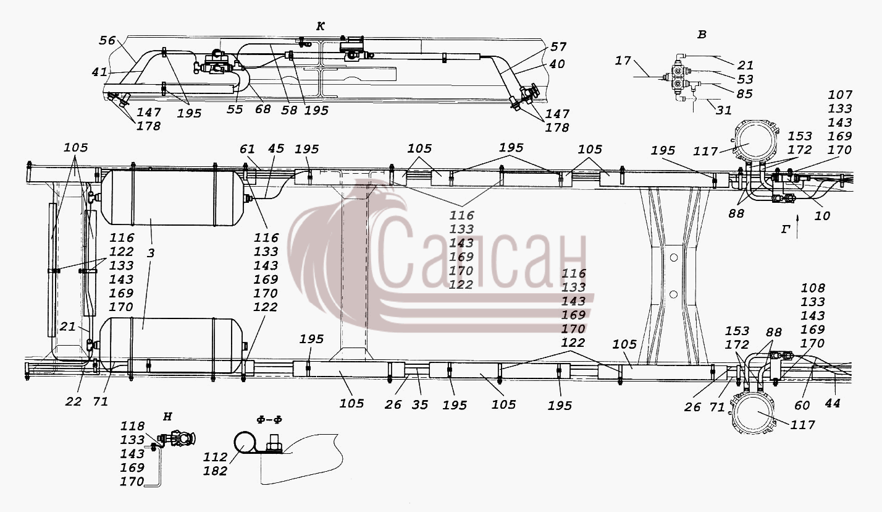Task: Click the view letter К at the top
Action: coord(321,27)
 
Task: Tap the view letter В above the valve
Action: coord(702,35)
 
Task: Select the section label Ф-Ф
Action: coord(269,420)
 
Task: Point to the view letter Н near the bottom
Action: coord(167,417)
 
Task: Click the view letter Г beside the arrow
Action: coord(786,229)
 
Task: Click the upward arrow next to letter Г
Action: coord(797,227)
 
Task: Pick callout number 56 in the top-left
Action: coord(107,40)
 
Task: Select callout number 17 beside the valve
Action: coord(623,61)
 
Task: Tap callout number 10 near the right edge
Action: coord(821,216)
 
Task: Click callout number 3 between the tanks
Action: coord(151,254)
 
